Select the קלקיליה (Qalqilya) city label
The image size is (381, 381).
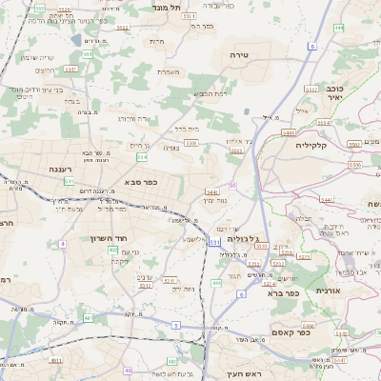tap(311, 145)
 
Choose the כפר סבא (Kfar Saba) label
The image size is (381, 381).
tap(140, 180)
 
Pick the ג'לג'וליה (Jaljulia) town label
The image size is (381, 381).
tap(250, 239)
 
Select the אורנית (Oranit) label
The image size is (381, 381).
tap(327, 290)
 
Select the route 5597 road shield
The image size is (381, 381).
tap(87, 54)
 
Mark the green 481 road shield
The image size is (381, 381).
tap(88, 317)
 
